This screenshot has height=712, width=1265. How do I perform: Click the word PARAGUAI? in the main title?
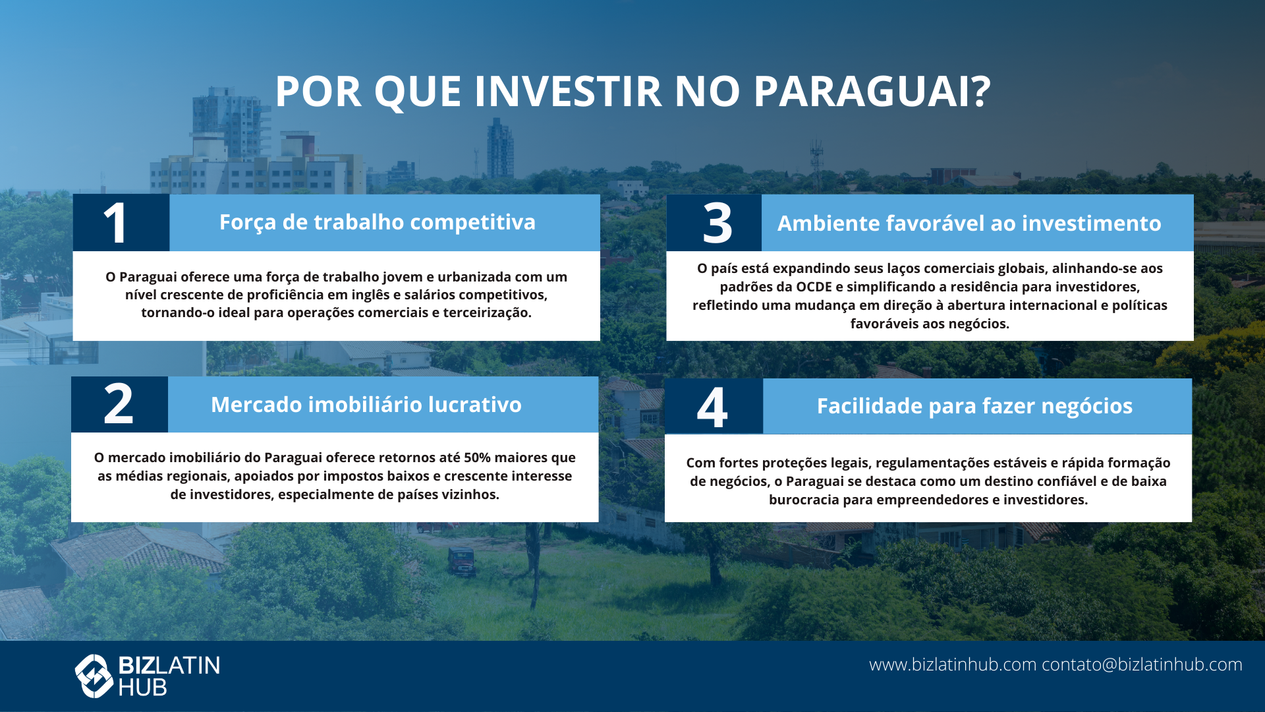872,91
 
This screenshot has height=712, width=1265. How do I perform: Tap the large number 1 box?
121,223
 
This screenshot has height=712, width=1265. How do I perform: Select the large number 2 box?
119,404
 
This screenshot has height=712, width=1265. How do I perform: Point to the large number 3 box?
714,223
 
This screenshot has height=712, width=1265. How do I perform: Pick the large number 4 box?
714,406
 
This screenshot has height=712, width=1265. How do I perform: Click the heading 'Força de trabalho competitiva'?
378,223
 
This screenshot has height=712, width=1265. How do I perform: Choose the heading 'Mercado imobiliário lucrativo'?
366,405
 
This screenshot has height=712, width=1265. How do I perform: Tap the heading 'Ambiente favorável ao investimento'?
969,223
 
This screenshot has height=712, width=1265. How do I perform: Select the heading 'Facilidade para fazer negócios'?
974,406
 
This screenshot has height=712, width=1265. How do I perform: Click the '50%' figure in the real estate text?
477,458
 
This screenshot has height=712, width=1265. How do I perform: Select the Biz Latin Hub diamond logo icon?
94,676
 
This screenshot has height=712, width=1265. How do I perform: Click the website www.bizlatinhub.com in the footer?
953,665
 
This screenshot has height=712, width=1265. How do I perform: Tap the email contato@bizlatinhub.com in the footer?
1142,665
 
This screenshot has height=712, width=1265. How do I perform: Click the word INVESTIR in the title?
568,91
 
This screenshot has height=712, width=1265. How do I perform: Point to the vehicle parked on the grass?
461,561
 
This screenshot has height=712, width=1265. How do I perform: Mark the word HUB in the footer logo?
142,688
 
